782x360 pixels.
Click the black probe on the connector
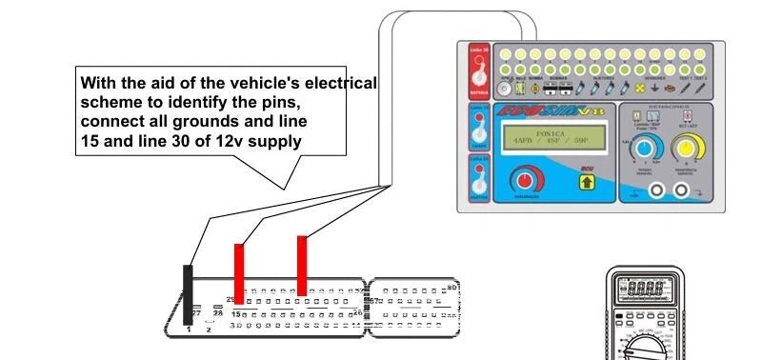click(189, 295)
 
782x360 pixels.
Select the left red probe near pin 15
click(239, 270)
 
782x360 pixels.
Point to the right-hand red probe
click(302, 265)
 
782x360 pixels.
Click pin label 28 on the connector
click(218, 312)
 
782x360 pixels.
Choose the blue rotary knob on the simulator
click(648, 149)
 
